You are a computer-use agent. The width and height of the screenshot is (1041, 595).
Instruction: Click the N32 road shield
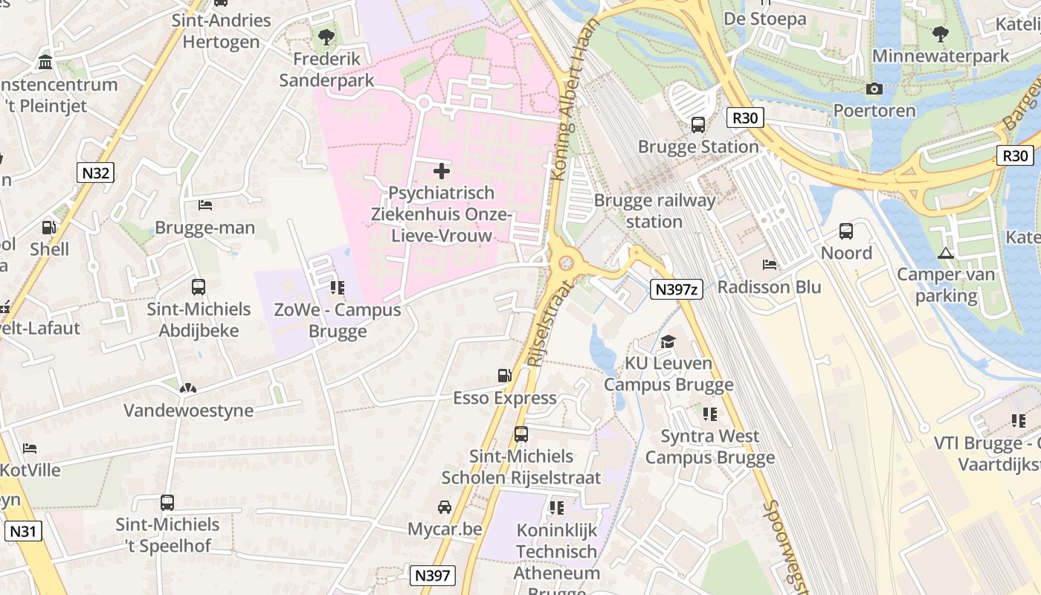[95, 173]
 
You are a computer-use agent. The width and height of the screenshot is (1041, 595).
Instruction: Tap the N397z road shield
[676, 289]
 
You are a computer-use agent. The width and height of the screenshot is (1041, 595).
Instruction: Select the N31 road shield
[24, 531]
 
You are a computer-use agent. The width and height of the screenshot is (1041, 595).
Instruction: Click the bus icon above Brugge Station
[698, 125]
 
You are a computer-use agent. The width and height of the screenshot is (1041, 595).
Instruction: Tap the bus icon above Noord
[846, 231]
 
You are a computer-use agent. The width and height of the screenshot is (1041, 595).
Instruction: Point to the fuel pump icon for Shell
[49, 228]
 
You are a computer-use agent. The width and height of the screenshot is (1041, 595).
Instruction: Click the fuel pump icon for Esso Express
[505, 376]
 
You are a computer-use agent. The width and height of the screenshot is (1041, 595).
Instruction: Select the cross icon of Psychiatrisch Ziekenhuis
[442, 171]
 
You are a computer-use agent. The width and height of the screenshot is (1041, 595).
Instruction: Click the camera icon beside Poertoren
[874, 89]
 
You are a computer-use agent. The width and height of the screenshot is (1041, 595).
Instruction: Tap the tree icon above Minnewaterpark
[941, 34]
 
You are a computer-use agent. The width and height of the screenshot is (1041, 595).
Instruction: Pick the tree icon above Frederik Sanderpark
[326, 36]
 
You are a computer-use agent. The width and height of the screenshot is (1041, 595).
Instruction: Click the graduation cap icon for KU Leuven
[668, 342]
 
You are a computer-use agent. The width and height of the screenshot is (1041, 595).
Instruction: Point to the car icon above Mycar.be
[445, 507]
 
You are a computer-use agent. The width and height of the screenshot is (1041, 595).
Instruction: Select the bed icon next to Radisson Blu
[770, 266]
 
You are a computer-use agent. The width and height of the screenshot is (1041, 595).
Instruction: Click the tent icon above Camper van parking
[946, 253]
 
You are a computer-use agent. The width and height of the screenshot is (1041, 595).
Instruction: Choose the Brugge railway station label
[654, 211]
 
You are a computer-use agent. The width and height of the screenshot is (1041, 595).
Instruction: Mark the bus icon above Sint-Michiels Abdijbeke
[199, 287]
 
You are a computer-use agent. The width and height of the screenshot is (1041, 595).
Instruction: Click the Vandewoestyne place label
[188, 411]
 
